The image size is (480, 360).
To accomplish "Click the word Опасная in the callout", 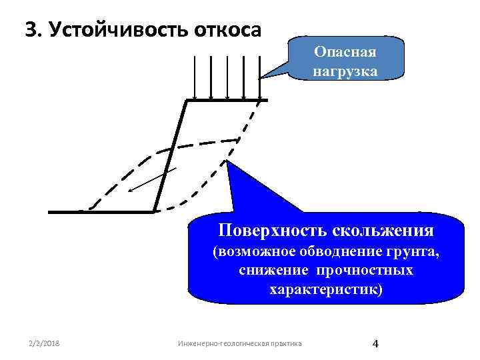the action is [x=346, y=52].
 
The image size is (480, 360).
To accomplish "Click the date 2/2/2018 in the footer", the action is [x=43, y=343].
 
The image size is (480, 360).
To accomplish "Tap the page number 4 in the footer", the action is [x=375, y=343].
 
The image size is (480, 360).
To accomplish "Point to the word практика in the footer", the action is [x=282, y=343].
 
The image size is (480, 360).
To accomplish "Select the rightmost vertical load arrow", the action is [x=259, y=77].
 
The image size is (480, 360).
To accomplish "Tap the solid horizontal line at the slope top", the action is [x=227, y=101].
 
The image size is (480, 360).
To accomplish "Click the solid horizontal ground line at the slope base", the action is [x=100, y=212].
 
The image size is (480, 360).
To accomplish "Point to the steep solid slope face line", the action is [x=170, y=157].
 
